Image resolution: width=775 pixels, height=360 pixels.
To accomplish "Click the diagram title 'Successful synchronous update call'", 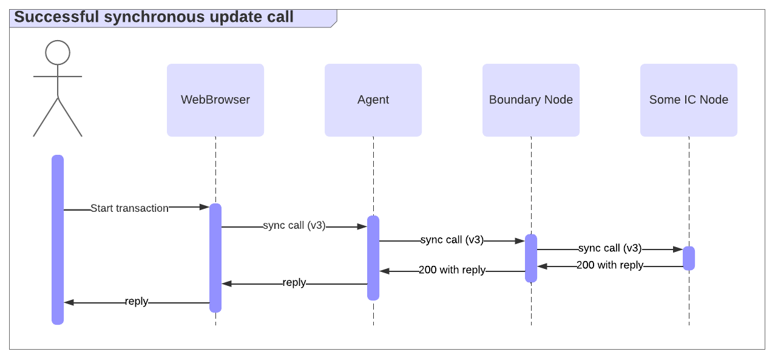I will click(154, 17).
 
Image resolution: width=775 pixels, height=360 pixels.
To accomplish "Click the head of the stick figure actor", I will click(58, 52).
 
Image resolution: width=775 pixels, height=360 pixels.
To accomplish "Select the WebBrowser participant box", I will click(215, 100).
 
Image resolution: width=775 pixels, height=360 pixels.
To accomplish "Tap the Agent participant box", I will click(373, 100).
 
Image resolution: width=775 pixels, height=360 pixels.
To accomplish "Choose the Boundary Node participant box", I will click(531, 100).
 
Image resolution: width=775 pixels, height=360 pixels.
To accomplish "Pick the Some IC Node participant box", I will click(689, 100).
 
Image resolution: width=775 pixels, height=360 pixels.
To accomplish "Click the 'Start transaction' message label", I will click(130, 208).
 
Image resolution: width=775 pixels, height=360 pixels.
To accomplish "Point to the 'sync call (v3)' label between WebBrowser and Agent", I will click(294, 226).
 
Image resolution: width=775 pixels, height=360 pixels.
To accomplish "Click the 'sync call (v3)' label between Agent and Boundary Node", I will click(452, 240).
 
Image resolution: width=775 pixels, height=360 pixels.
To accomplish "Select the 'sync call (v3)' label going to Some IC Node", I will click(610, 248).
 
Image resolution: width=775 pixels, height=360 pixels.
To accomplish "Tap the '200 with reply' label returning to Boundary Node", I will click(610, 265).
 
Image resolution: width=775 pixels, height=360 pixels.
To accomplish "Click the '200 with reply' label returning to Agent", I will click(452, 270).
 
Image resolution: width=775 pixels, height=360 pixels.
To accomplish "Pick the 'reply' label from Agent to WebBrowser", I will click(294, 283).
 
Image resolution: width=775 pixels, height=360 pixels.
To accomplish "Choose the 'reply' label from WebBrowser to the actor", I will click(137, 302).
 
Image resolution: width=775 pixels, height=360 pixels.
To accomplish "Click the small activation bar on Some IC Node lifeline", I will click(689, 258).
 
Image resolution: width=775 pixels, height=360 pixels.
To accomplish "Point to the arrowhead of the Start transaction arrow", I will click(205, 207).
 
